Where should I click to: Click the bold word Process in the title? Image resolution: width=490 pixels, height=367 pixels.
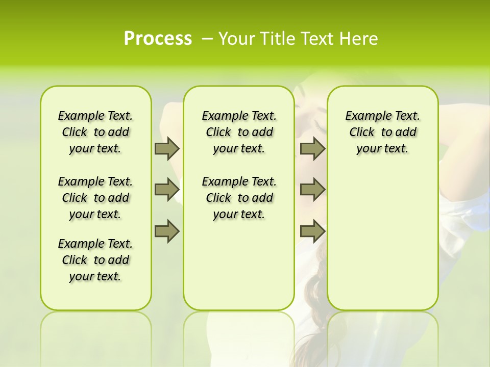tap(158, 39)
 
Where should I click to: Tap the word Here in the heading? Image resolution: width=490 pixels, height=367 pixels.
tap(359, 39)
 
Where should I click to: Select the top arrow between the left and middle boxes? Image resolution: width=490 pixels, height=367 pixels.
tap(167, 148)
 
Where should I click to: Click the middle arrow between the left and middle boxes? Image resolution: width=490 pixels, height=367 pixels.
tap(167, 190)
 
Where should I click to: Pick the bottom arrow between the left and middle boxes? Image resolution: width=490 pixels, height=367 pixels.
tap(167, 231)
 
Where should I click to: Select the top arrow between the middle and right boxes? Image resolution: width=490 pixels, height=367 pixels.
tap(312, 148)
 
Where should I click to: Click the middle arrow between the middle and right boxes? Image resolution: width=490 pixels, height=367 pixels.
tap(312, 190)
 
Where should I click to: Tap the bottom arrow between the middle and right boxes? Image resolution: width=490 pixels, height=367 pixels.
tap(312, 231)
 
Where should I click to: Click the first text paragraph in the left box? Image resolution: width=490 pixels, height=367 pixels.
tap(95, 132)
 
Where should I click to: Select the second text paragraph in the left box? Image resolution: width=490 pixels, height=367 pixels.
tap(95, 198)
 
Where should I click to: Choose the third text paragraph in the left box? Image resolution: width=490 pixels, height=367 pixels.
tap(95, 260)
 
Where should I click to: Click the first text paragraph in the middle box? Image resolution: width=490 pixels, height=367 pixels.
tap(239, 132)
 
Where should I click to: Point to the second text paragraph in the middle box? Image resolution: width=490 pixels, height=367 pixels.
tap(239, 198)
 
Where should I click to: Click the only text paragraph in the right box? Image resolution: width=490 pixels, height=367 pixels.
tap(382, 132)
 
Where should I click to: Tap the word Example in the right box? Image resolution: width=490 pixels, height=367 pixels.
tap(363, 116)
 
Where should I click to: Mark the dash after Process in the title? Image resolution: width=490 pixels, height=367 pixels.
tap(207, 39)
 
